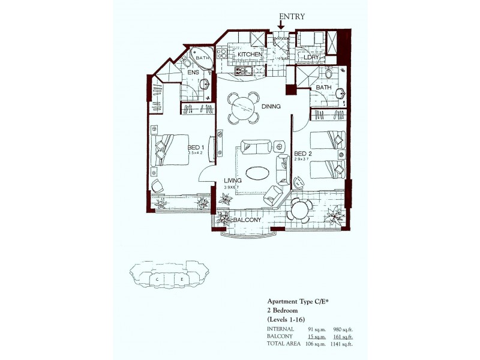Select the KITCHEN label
coord(250,55)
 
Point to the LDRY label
coord(314,57)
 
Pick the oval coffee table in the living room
coord(258,172)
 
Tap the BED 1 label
coord(196,148)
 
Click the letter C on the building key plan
coord(157,280)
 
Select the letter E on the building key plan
coord(181,280)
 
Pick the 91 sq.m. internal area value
coord(316,329)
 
